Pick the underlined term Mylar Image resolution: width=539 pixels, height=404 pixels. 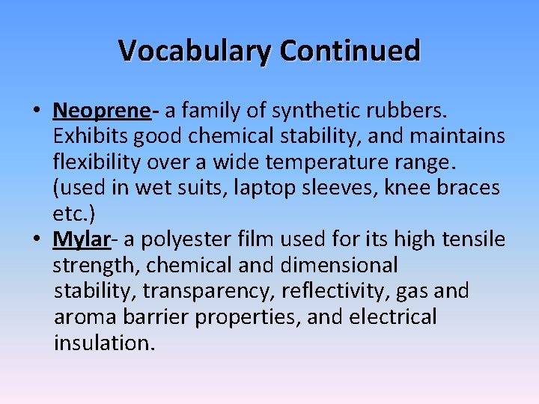pyautogui.click(x=82, y=240)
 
